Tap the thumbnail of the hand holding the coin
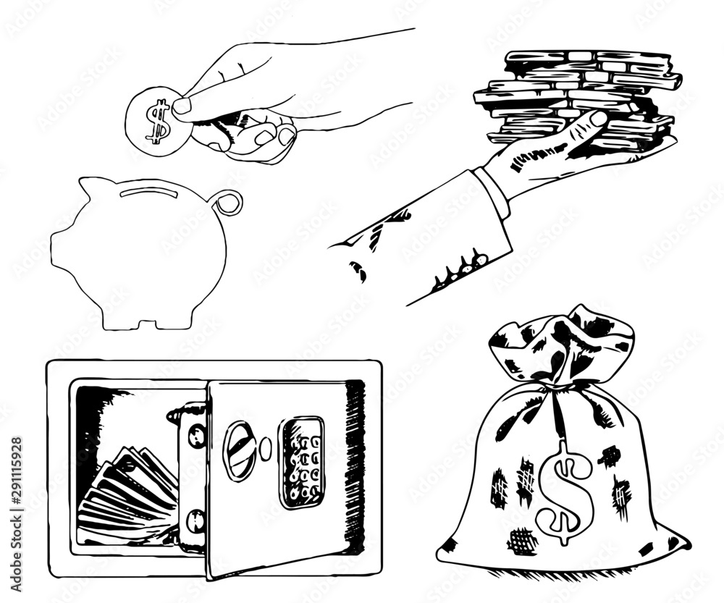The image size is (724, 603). (182, 106)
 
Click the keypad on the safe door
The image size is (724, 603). (302, 462)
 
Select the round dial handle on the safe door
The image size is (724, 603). (239, 450)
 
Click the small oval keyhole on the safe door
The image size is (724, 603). (265, 447)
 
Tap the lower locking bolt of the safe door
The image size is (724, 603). (194, 520)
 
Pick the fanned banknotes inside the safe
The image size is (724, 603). (127, 492)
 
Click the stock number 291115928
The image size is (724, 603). (15, 492)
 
